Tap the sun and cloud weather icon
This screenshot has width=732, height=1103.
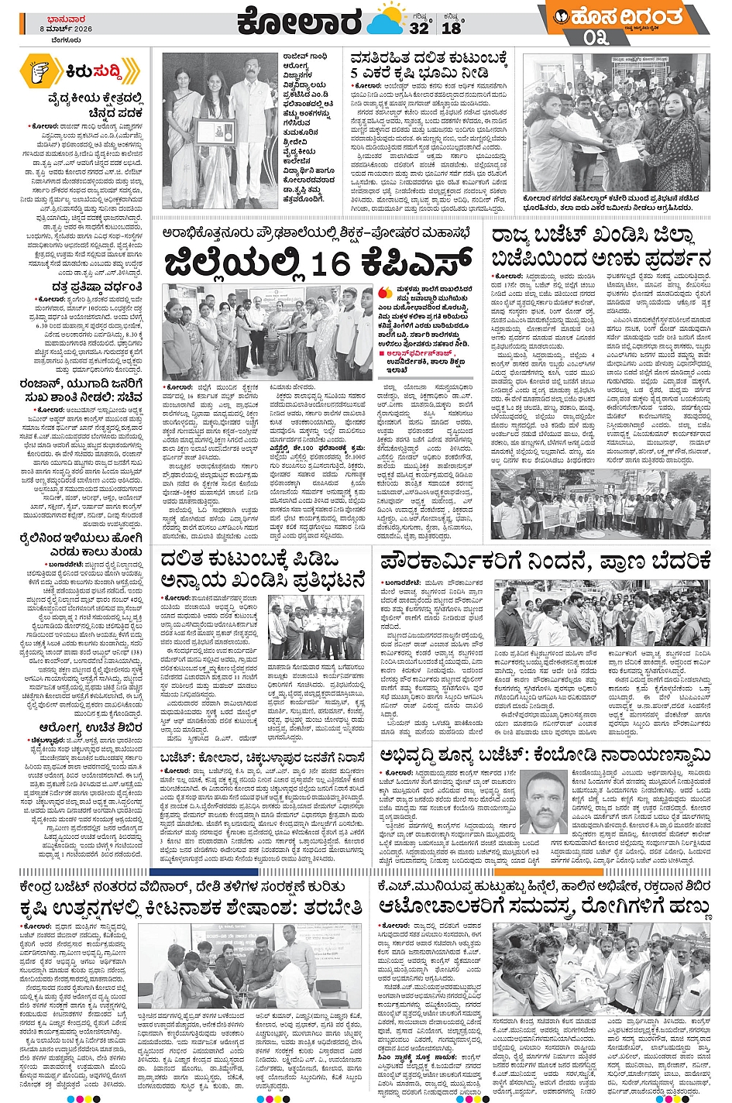(387, 21)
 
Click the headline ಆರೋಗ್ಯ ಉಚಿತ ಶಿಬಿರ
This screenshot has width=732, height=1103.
(81, 706)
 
